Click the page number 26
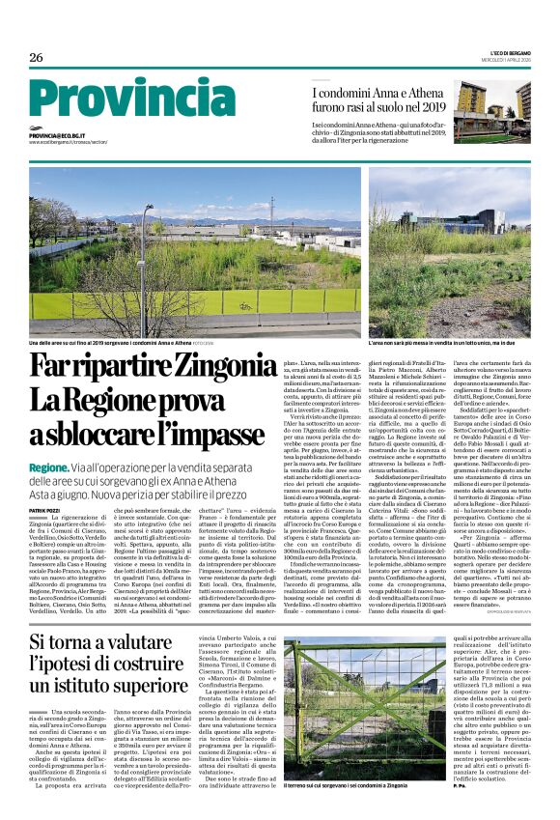tap(37, 58)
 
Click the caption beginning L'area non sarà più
tap(435, 343)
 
